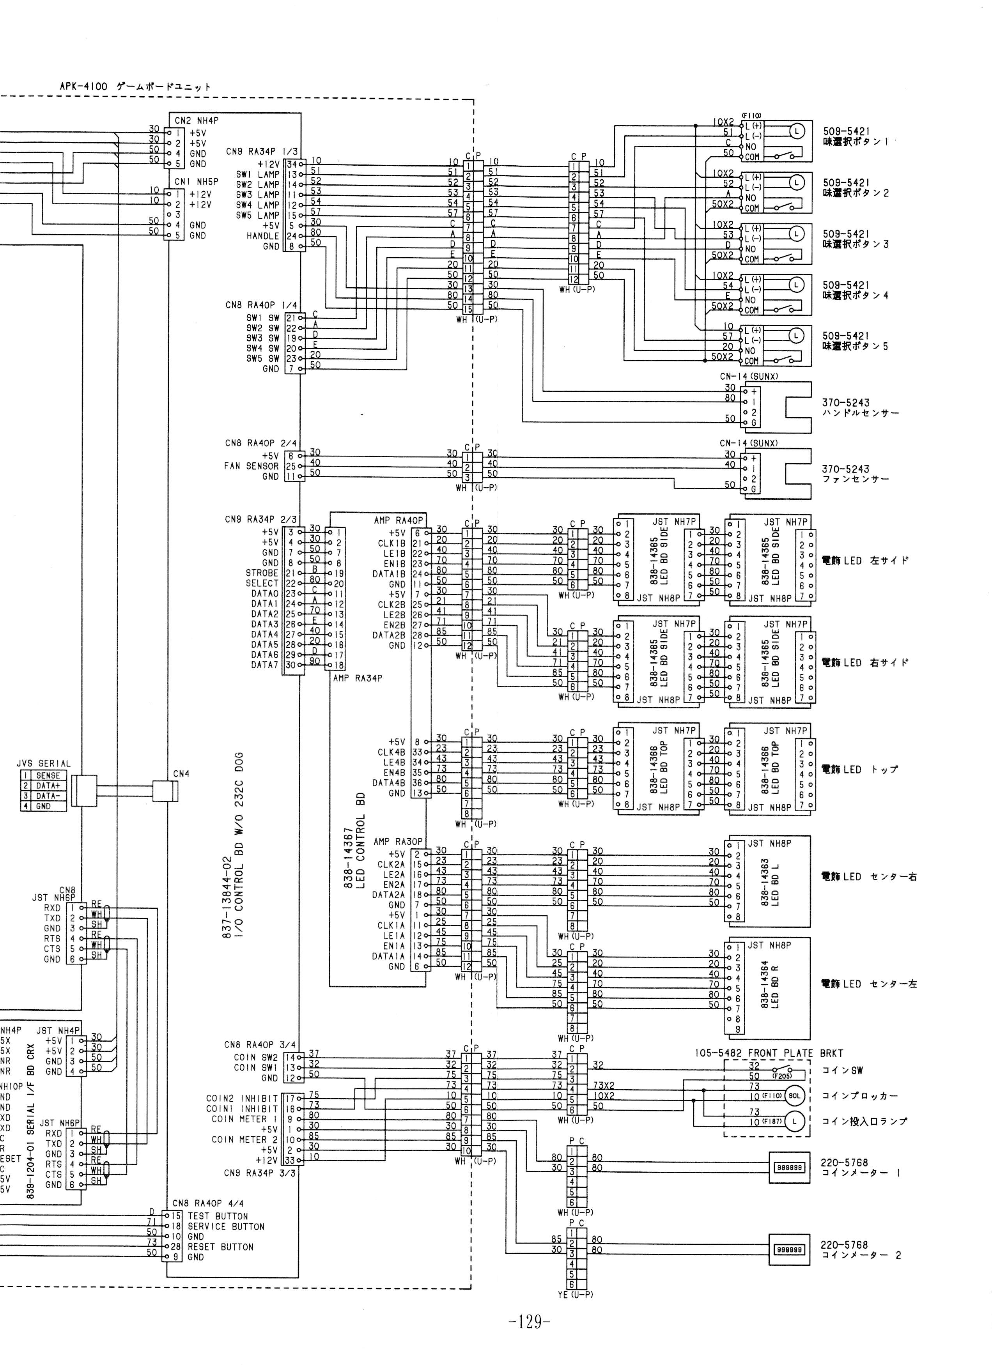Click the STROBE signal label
[x=262, y=573]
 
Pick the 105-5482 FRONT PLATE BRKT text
[x=768, y=1053]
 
